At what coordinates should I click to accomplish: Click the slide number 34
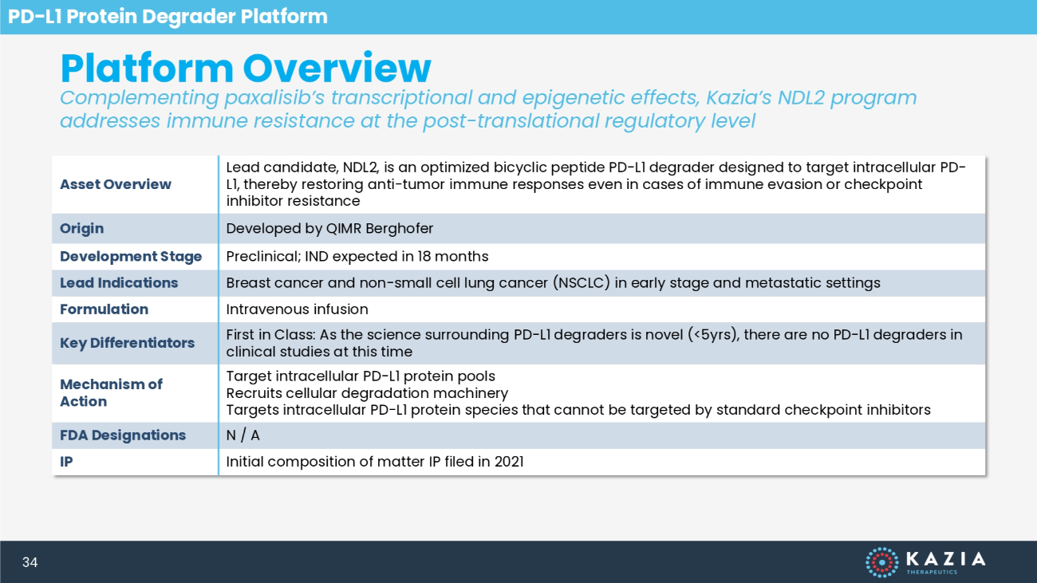[x=30, y=562]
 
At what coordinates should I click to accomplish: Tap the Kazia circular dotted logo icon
[x=882, y=562]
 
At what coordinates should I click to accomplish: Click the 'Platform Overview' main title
[x=246, y=69]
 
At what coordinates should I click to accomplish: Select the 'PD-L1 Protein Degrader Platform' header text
[x=168, y=17]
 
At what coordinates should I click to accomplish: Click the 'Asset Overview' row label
[x=116, y=184]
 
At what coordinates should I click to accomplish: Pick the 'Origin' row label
[x=81, y=229]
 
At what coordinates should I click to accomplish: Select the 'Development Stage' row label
[x=131, y=256]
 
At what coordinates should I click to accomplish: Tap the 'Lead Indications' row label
[x=119, y=282]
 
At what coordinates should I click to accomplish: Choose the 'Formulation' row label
[x=104, y=309]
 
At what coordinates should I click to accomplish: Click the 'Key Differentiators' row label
[x=128, y=343]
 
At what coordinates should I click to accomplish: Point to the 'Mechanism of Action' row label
[x=111, y=392]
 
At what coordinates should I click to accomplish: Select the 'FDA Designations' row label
[x=123, y=435]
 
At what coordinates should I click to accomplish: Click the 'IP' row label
[x=66, y=461]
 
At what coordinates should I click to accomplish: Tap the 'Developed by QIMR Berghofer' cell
[x=329, y=229]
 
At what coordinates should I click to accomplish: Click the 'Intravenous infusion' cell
[x=298, y=309]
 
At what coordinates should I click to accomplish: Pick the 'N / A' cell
[x=243, y=435]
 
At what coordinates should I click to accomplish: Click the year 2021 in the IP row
[x=509, y=461]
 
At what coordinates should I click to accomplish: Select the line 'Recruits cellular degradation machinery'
[x=367, y=393]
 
